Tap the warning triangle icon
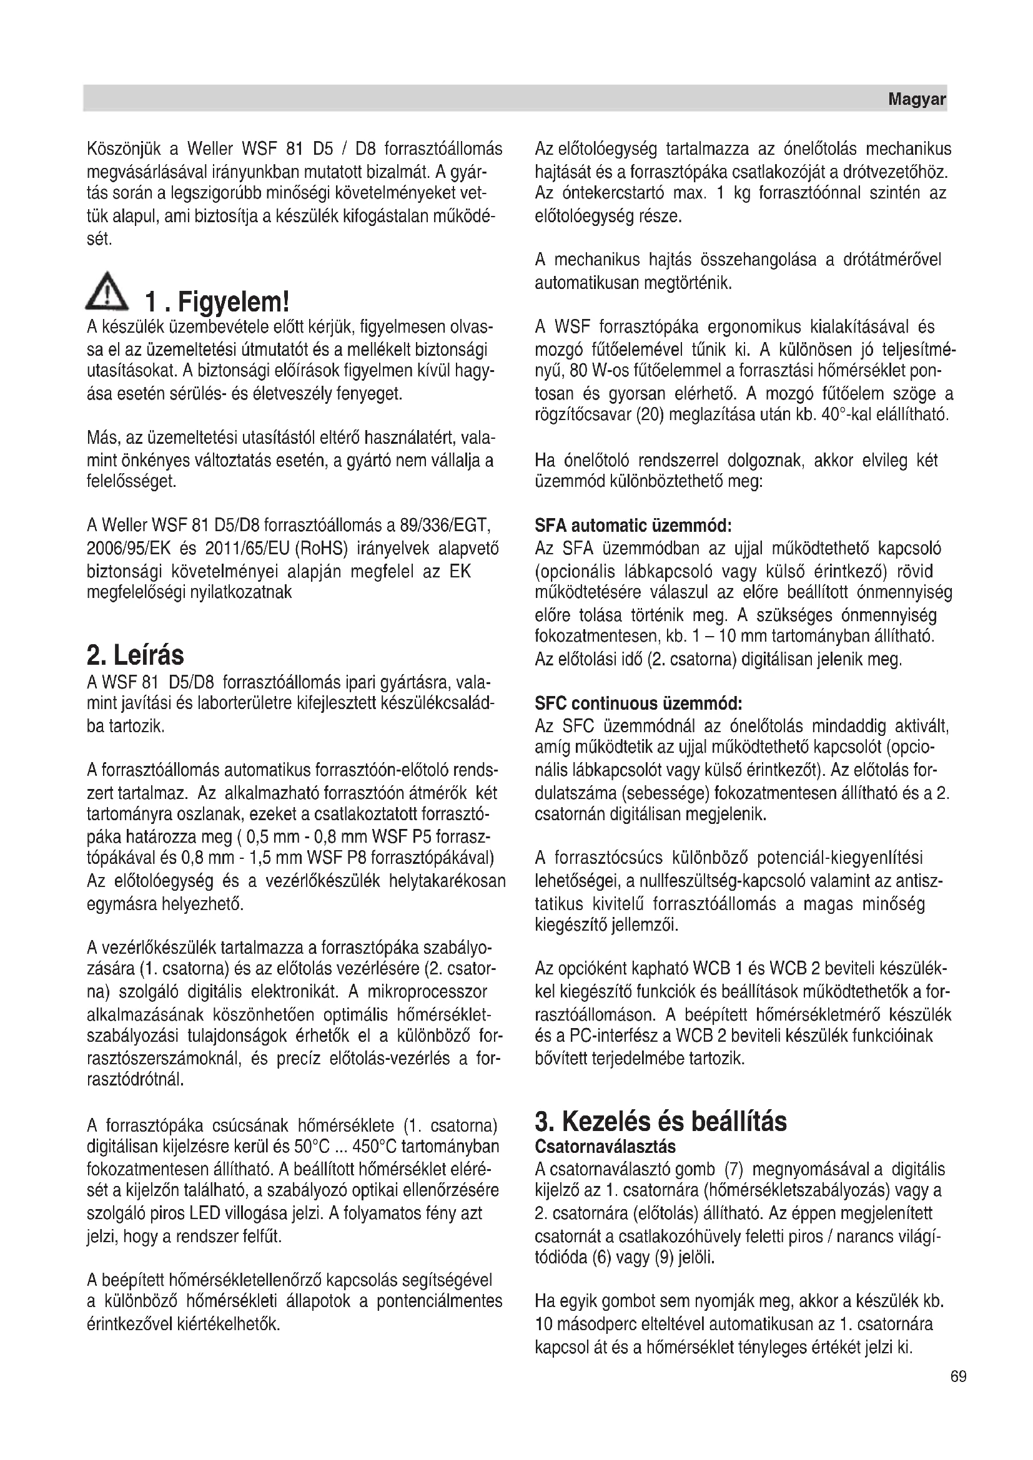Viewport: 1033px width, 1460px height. click(107, 293)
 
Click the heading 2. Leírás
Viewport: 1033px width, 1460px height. click(136, 655)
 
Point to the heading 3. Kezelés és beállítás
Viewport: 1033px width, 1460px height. click(661, 1121)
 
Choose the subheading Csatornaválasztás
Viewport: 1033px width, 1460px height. click(605, 1147)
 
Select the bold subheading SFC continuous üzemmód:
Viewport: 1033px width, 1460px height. click(639, 703)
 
